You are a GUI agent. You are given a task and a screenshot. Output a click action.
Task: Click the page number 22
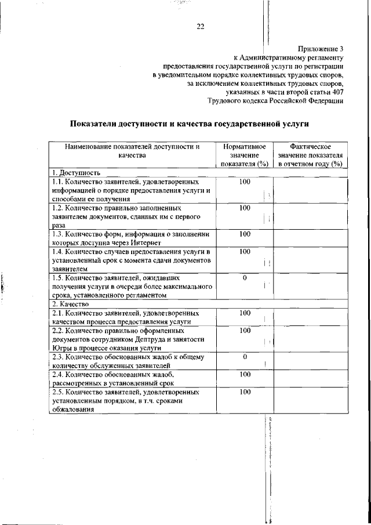[x=201, y=26]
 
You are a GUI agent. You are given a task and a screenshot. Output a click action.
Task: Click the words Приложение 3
[x=321, y=49]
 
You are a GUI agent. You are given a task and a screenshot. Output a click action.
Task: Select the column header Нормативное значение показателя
[x=244, y=155]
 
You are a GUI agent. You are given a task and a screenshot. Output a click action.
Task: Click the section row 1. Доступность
[x=76, y=172]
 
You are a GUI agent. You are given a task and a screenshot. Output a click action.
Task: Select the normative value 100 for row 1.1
[x=245, y=182]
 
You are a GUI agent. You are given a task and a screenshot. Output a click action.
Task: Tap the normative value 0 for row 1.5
[x=245, y=278]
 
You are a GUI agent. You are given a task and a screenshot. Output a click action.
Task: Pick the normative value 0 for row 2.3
[x=245, y=356]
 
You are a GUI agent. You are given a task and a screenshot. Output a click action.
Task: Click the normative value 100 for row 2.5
[x=245, y=393]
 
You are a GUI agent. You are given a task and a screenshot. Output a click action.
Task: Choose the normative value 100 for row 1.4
[x=245, y=252]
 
